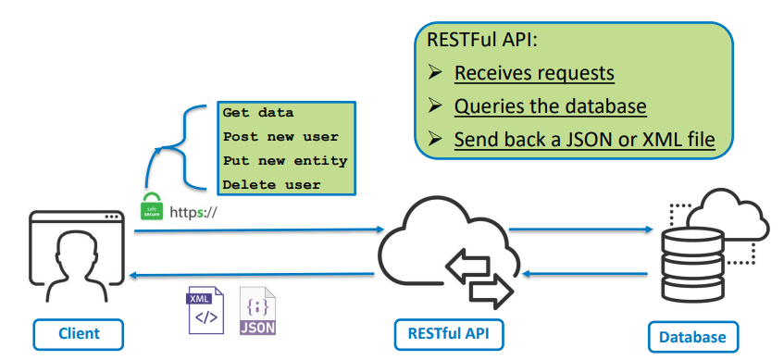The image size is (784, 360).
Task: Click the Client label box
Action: [79, 333]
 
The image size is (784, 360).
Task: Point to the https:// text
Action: [193, 212]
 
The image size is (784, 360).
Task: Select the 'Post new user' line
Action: [273, 136]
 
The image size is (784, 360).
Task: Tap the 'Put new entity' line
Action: [284, 160]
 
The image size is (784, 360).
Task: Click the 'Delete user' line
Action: [271, 184]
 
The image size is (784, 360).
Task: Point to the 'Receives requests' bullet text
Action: [534, 73]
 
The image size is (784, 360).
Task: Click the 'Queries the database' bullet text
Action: [550, 106]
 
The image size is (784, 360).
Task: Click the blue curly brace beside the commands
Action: [180, 148]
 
